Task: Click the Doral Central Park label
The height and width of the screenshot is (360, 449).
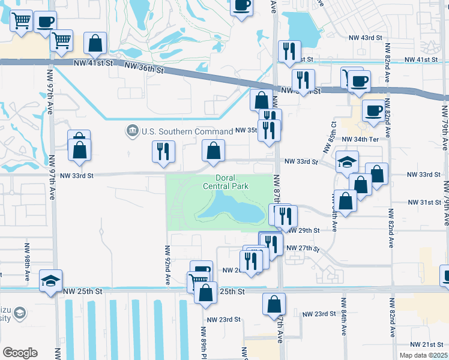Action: pyautogui.click(x=234, y=182)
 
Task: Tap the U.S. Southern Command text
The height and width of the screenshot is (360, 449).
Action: pyautogui.click(x=187, y=131)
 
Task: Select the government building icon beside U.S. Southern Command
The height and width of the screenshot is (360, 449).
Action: pyautogui.click(x=132, y=131)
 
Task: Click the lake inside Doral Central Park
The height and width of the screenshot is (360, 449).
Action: pyautogui.click(x=231, y=208)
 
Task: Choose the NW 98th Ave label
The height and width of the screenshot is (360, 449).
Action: pyautogui.click(x=27, y=263)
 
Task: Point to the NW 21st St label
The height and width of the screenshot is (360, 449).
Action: pyautogui.click(x=428, y=344)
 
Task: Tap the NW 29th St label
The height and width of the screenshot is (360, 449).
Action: pyautogui.click(x=303, y=230)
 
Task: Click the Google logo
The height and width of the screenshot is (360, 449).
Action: pyautogui.click(x=20, y=353)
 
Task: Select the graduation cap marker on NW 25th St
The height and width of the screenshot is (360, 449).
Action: pyautogui.click(x=51, y=280)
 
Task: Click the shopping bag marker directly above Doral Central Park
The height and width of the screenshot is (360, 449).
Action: pyautogui.click(x=213, y=151)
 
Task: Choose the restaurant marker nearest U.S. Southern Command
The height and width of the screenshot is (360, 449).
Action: pyautogui.click(x=163, y=151)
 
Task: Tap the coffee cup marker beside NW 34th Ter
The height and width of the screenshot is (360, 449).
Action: pyautogui.click(x=373, y=111)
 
